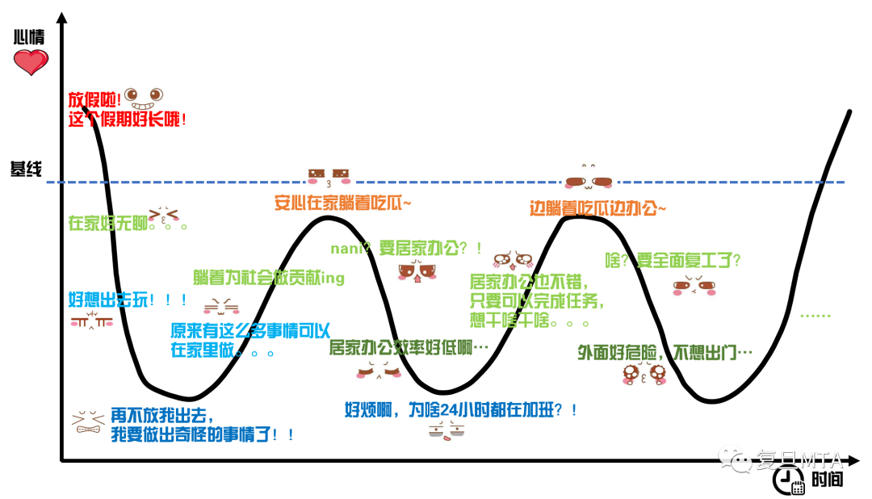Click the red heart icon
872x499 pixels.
[x=31, y=61]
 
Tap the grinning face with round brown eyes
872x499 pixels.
[x=144, y=99]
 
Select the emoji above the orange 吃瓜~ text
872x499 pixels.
[x=329, y=176]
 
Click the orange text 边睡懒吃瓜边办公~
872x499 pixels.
[x=597, y=208]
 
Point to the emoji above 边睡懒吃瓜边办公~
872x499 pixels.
[x=589, y=178]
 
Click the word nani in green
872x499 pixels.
[x=345, y=249]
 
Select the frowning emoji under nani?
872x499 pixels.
[x=417, y=270]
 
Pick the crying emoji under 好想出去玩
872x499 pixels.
[x=90, y=320]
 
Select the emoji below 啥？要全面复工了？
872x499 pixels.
[x=692, y=285]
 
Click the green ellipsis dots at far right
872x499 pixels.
[x=815, y=316]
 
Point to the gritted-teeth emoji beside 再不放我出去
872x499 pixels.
[x=90, y=421]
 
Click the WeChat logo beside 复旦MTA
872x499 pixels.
[x=735, y=458]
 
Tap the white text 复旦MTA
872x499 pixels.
[x=799, y=460]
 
